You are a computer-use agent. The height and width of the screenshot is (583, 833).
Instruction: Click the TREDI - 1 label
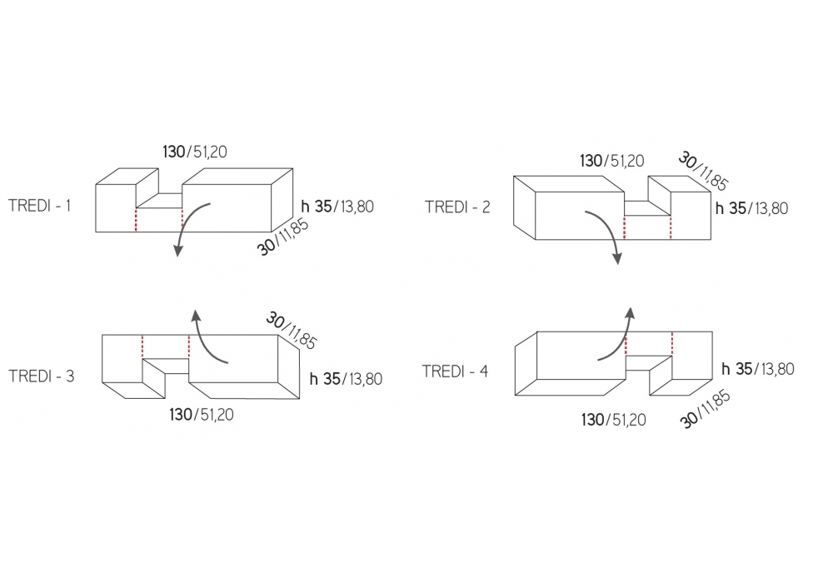pyautogui.click(x=39, y=204)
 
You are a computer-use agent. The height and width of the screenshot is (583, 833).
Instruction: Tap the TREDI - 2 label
pyautogui.click(x=457, y=206)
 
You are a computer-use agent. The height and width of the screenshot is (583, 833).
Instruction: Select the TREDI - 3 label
pyautogui.click(x=42, y=376)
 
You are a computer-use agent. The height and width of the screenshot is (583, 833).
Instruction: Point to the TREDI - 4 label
pyautogui.click(x=455, y=371)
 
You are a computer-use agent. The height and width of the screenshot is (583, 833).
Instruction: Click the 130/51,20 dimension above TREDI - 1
pyautogui.click(x=195, y=152)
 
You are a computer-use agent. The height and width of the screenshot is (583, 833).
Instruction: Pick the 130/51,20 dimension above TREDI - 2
pyautogui.click(x=611, y=160)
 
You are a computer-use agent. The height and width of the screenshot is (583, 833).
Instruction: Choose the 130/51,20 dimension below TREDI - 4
pyautogui.click(x=613, y=420)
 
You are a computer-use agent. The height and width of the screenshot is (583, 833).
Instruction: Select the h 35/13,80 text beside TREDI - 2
pyautogui.click(x=751, y=207)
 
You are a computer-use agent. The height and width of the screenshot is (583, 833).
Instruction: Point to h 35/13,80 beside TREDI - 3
pyautogui.click(x=346, y=379)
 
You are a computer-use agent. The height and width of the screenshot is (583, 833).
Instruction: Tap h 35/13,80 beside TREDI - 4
pyautogui.click(x=757, y=368)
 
